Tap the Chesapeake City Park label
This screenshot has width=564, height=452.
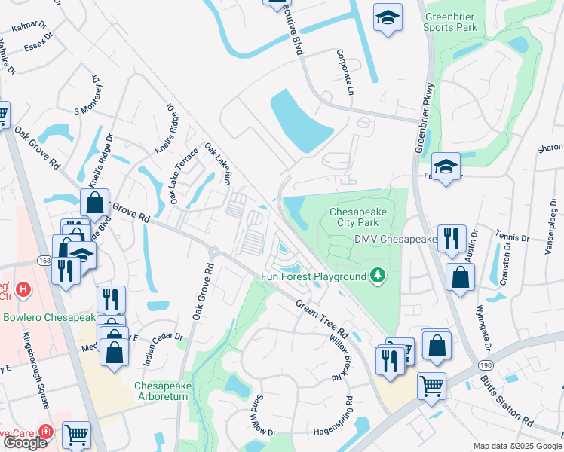point(358,218)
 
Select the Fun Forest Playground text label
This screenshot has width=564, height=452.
point(314,276)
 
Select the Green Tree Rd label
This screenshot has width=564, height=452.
point(321,318)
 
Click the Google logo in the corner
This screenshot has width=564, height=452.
point(26,443)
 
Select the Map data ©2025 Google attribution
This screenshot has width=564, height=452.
point(517,446)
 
